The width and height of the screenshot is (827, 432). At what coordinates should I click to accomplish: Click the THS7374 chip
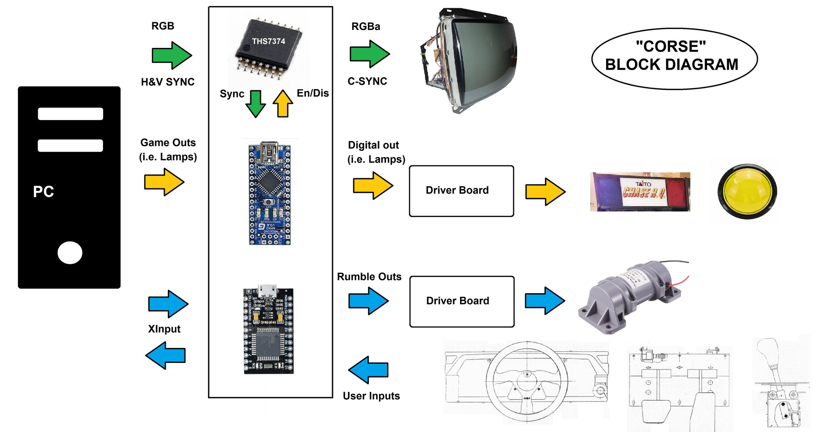point(268,47)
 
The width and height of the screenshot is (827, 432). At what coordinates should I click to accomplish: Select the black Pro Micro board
point(269,330)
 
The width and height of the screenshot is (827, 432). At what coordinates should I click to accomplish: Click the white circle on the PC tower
point(70,253)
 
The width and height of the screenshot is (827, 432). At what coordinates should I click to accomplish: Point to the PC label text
point(43,192)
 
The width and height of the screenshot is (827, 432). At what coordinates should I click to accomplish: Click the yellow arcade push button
point(747,191)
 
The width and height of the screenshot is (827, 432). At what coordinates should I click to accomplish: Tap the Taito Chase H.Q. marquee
point(640,192)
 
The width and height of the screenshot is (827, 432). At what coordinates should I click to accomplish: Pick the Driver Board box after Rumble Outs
point(462,301)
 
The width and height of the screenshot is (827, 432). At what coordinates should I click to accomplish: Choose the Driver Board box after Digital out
point(461,191)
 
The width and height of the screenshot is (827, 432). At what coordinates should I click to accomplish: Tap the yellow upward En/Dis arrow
point(283,104)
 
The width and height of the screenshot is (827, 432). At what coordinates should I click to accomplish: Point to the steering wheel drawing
point(527,381)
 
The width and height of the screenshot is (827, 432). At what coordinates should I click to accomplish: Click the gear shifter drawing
point(780,382)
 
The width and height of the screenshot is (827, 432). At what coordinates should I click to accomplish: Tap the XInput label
point(164,329)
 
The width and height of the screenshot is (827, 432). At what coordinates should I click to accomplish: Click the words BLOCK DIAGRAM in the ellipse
point(672,65)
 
